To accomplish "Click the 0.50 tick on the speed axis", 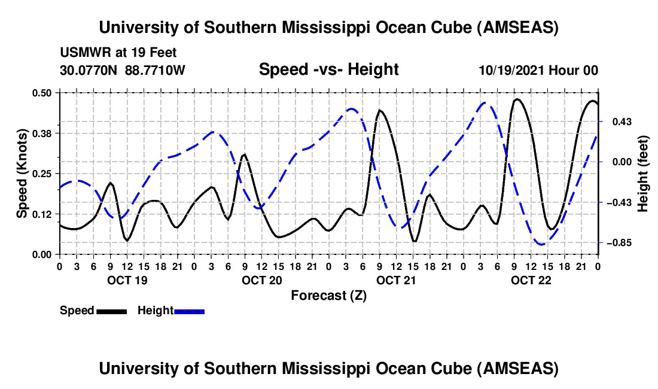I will click(43, 93).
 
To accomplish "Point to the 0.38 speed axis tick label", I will click(43, 133).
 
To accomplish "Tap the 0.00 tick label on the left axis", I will click(43, 254).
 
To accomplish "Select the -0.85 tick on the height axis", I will click(616, 243).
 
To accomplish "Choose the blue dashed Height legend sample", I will click(189, 311).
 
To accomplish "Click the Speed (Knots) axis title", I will click(22, 174).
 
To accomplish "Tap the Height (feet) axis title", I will click(643, 174).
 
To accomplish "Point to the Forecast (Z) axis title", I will click(328, 296).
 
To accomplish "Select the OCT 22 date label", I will click(531, 280).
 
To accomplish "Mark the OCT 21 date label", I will click(396, 280).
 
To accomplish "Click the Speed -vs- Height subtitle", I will click(328, 69).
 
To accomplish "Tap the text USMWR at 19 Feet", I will click(118, 53).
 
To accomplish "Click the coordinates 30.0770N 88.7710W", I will click(123, 70).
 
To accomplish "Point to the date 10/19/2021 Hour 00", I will click(538, 70).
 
